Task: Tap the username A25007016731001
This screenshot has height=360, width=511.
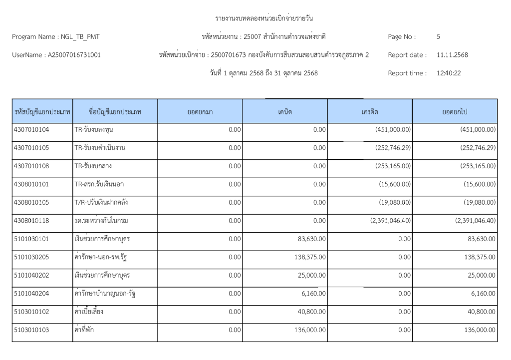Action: pyautogui.click(x=73, y=54)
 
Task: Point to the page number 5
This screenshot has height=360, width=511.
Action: pyautogui.click(x=438, y=36)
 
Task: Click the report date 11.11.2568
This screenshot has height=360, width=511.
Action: pyautogui.click(x=452, y=54)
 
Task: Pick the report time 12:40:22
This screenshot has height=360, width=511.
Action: pyautogui.click(x=448, y=73)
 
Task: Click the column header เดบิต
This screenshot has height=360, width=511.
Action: pyautogui.click(x=285, y=112)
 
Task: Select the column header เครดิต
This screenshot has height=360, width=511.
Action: pyautogui.click(x=370, y=112)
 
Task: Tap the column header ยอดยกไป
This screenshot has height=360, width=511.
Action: pyautogui.click(x=455, y=112)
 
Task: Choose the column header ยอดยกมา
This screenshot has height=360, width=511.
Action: pyautogui.click(x=200, y=112)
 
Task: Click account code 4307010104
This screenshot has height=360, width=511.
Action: pyautogui.click(x=32, y=130)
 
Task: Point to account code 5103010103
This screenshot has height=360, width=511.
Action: pyautogui.click(x=32, y=330)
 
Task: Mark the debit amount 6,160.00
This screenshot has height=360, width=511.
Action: pyautogui.click(x=314, y=294)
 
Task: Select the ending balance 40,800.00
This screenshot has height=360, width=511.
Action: pyautogui.click(x=480, y=312)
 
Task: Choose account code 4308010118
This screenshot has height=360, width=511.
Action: pyautogui.click(x=32, y=221)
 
